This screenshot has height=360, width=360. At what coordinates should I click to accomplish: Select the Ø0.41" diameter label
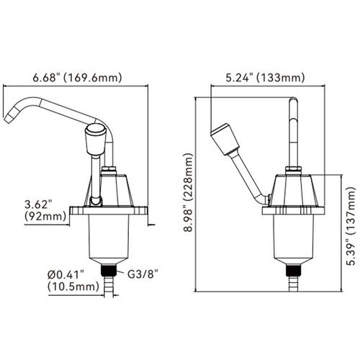[68, 274]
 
